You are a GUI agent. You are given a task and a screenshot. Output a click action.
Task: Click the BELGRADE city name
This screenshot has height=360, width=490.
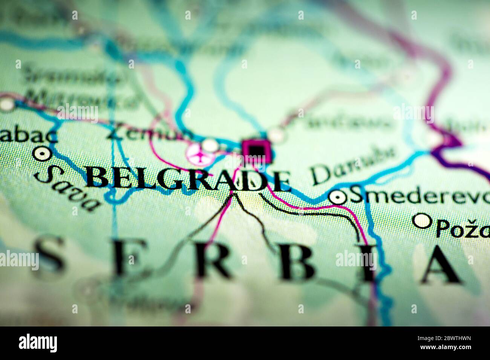click(188, 180)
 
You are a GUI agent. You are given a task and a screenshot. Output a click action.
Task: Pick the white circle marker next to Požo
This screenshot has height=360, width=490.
click(422, 221)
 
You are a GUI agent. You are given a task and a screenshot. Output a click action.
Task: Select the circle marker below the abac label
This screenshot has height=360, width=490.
click(42, 153)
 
